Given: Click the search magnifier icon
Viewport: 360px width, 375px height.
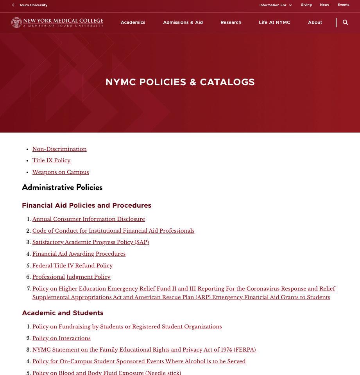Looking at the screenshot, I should point(345,23).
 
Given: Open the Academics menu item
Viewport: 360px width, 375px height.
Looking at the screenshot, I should point(133,23).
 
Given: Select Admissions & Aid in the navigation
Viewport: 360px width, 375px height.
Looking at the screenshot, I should point(183,23).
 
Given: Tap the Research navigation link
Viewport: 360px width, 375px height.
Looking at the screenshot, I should point(231,23).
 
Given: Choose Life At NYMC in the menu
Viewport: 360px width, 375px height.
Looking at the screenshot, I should point(274,23).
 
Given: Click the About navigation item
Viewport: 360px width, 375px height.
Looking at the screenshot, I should point(315,23).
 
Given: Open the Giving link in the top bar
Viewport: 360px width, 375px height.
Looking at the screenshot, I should point(306,5).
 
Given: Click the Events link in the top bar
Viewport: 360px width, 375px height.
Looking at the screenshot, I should point(343,5).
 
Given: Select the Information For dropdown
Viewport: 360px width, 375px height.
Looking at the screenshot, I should point(275,5).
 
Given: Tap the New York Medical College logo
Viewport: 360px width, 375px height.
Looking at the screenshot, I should point(57,23).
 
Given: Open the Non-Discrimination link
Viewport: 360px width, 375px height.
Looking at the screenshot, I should point(59,149).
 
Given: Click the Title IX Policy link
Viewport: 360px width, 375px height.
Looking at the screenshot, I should point(51,161).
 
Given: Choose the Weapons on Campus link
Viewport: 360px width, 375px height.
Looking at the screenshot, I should point(61,172).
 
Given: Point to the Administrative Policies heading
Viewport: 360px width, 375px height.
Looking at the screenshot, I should point(62,188).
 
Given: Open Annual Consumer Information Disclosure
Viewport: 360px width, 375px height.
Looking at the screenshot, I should point(88,219).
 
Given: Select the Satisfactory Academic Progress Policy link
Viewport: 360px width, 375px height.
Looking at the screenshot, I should point(90,242).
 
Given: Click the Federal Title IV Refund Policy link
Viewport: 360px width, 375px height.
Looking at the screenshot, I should point(72,266).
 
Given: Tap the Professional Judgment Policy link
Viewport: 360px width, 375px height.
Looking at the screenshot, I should point(71,277).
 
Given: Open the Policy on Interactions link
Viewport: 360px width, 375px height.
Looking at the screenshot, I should point(61,339).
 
